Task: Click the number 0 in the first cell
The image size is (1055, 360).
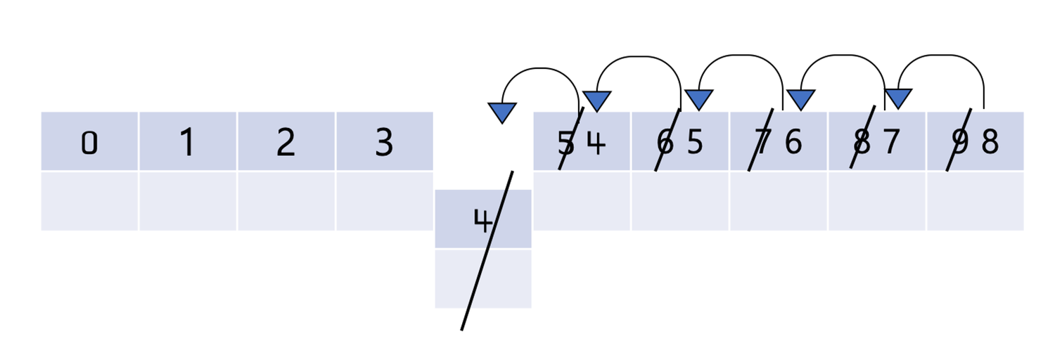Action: point(89,143)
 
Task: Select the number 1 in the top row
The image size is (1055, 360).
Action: point(187,143)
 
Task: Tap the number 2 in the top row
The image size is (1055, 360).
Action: point(286,143)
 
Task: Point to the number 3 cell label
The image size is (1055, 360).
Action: point(383,143)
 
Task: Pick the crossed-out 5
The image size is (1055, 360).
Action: point(566,143)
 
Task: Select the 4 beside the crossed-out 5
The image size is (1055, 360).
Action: point(596,143)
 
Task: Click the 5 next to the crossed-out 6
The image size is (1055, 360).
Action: point(695,143)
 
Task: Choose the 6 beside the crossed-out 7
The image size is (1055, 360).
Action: point(793,143)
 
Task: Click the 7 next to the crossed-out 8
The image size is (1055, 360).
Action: point(891,143)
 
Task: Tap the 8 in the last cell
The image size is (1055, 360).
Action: point(990,143)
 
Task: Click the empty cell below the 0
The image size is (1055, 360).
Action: point(89,201)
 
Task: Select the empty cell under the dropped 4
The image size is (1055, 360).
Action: point(483,278)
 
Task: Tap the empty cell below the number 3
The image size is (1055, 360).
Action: point(384,201)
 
